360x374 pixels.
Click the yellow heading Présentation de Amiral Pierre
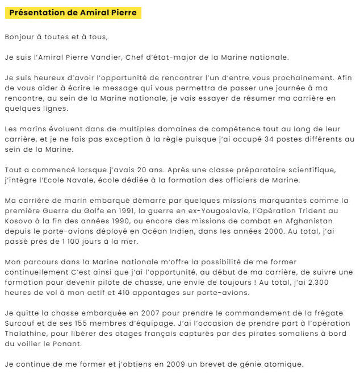click(x=73, y=13)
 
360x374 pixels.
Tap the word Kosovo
click(x=20, y=221)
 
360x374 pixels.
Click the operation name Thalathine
click(x=27, y=333)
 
